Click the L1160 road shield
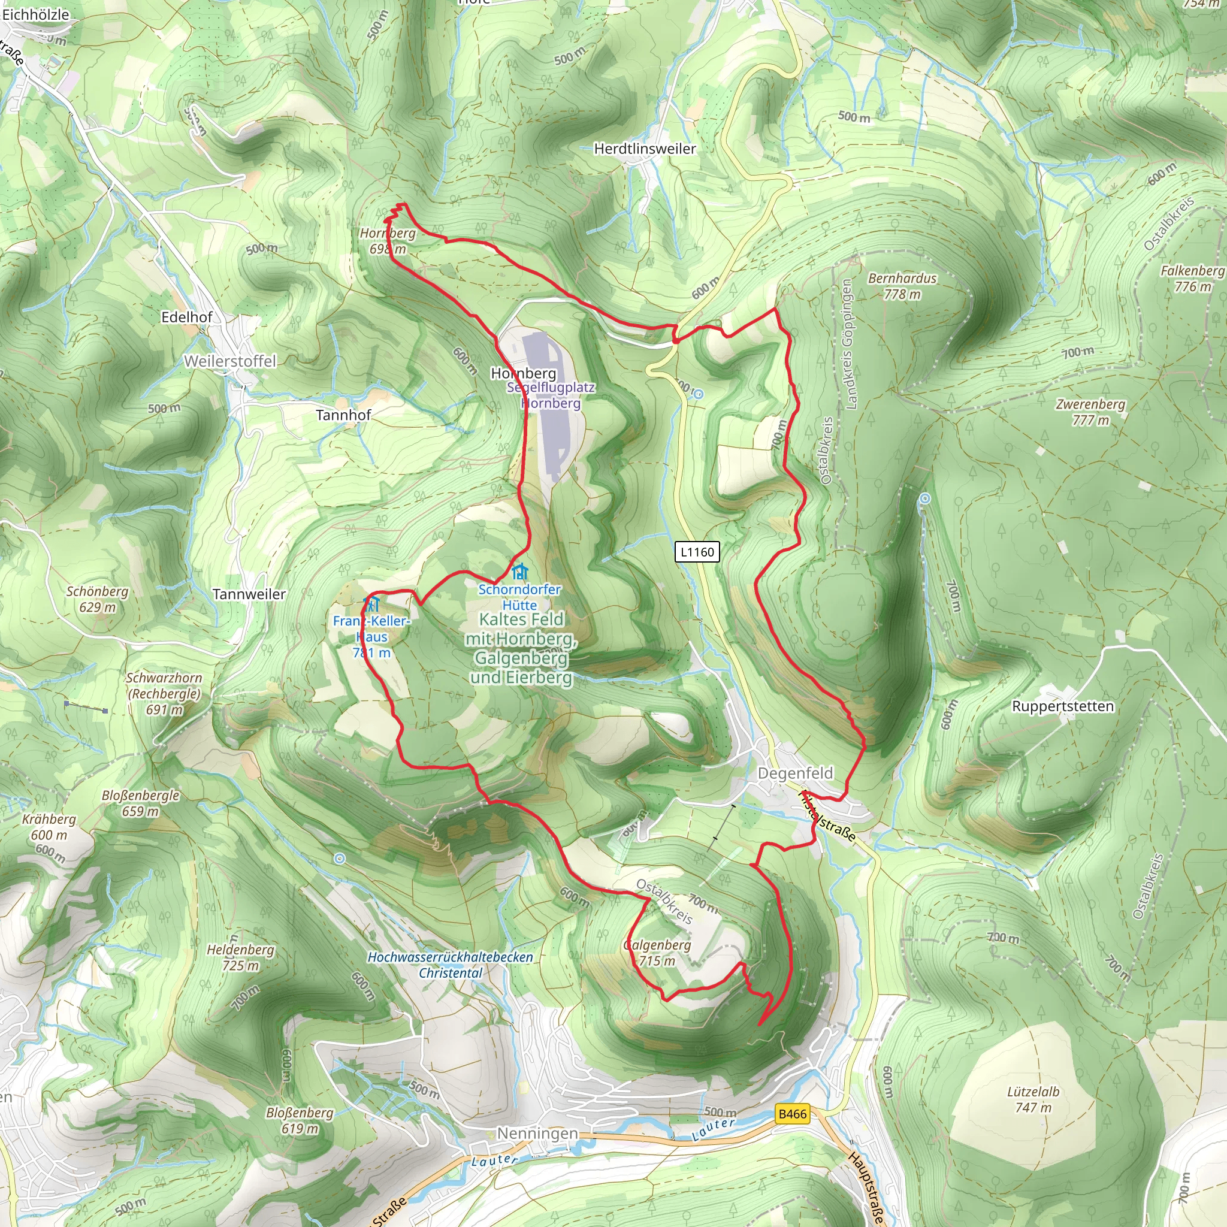coord(697,552)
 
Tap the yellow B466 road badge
coord(793,1114)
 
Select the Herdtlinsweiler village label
coord(645,149)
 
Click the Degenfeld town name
coord(795,773)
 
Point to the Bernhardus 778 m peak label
coord(902,286)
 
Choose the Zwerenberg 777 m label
coord(1090,412)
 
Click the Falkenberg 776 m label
coord(1192,278)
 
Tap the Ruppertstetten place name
coord(1062,706)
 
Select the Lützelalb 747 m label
coord(1033,1099)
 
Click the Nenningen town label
coord(537,1133)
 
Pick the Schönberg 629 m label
coord(97,599)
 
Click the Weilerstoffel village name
coord(230,361)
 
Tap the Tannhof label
coord(343,415)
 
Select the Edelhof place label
coord(187,317)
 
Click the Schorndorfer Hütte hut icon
coord(520,572)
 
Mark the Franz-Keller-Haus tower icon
coord(371,603)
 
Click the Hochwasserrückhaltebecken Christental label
coord(451,965)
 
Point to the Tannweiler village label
coord(249,594)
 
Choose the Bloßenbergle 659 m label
coord(140,803)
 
